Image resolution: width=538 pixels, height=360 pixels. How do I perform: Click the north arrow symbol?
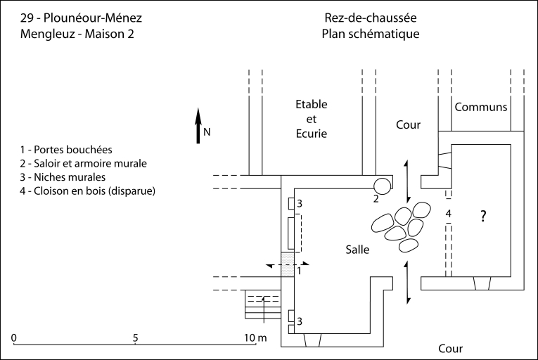199,127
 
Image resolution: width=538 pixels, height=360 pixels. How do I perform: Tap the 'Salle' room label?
358,249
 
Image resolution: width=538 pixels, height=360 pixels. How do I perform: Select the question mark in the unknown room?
483,216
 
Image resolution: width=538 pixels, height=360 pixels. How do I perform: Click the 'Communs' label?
481,108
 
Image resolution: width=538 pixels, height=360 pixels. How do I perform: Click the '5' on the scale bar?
134,337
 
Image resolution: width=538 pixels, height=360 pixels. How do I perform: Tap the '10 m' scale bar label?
255,337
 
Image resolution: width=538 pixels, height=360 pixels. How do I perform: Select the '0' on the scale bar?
15,337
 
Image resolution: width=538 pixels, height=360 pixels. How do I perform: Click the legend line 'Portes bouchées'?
67,150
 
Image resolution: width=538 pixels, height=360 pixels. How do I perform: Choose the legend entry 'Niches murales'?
64,176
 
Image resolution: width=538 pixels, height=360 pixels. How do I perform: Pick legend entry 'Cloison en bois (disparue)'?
88,191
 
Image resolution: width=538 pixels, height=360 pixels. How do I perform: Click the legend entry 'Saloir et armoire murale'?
84,163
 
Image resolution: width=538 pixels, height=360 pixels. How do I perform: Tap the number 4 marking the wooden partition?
448,212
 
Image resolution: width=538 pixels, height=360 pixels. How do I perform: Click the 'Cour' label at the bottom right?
451,348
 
